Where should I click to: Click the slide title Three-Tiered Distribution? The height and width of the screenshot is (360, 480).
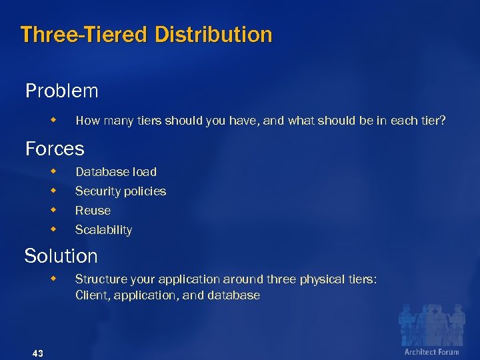[x=146, y=34]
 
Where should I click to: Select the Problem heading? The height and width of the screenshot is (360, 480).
[x=61, y=91]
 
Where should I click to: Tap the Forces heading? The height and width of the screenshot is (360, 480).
[x=55, y=148]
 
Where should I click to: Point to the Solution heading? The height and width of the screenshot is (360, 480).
[x=61, y=256]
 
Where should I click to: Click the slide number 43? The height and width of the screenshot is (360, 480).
[x=37, y=353]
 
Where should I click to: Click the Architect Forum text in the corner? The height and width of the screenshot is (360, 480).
[x=431, y=351]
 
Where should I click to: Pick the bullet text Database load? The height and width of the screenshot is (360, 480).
[x=116, y=172]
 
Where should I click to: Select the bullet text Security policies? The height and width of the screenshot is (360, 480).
[x=121, y=191]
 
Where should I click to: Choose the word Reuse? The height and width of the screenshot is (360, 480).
[x=93, y=211]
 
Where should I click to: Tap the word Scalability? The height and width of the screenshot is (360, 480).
[x=103, y=230]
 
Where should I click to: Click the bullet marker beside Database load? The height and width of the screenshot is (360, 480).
[x=54, y=171]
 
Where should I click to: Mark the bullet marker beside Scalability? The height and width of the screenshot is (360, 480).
[x=54, y=229]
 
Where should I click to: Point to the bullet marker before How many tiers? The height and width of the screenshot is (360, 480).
[x=54, y=120]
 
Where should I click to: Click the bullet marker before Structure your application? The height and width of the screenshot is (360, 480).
[x=54, y=279]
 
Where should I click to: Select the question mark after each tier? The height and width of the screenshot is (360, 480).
[x=443, y=121]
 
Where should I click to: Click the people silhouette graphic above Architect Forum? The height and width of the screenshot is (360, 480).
[x=431, y=324]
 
